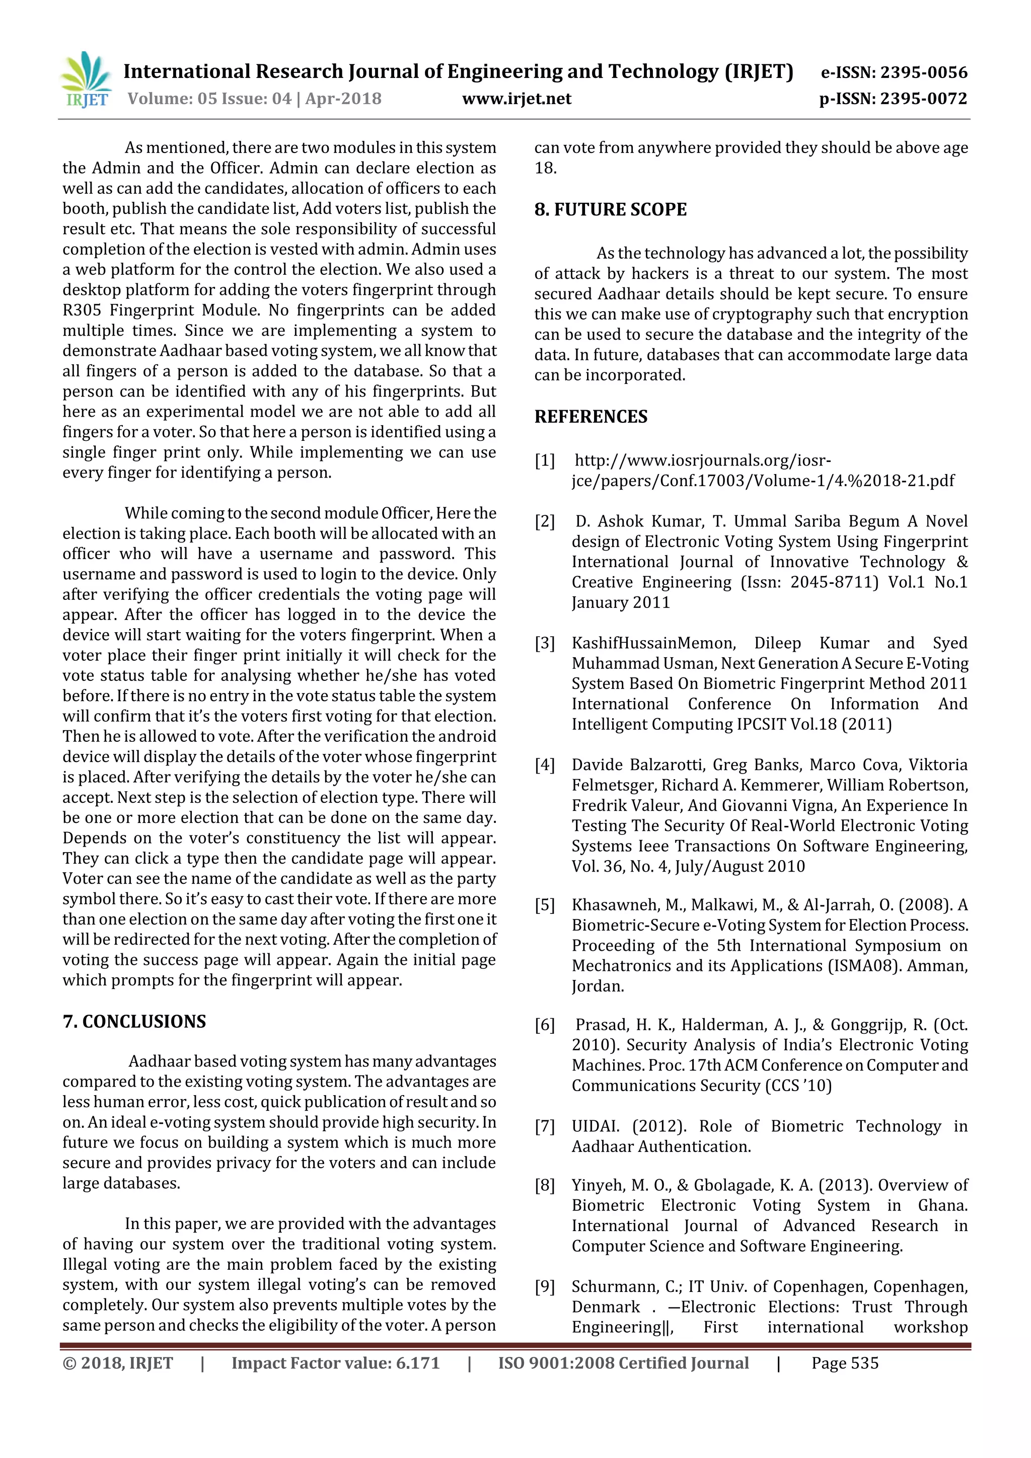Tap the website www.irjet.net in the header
[517, 99]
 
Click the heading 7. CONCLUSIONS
[134, 1021]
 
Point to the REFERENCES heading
[591, 417]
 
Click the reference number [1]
[544, 461]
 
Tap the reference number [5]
[544, 905]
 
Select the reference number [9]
[544, 1286]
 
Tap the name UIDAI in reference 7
[595, 1126]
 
